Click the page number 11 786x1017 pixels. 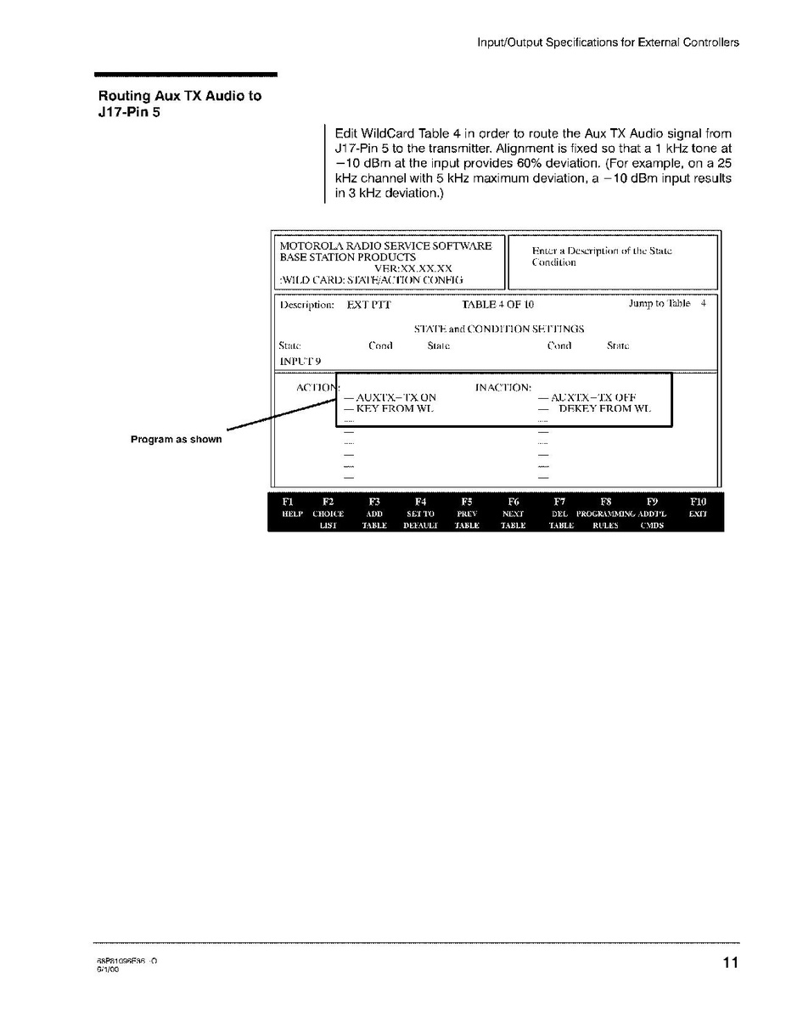(730, 962)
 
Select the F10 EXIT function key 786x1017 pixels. (698, 513)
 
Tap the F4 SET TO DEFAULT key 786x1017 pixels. (419, 513)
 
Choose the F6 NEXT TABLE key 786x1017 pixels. (513, 513)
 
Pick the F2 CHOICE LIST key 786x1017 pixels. (328, 513)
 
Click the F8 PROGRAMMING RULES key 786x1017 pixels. (605, 513)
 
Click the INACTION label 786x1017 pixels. (502, 387)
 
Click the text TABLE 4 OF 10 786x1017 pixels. (497, 304)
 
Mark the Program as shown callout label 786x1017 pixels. (176, 439)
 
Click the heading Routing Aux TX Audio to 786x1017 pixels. (180, 96)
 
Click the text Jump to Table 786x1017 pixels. (660, 303)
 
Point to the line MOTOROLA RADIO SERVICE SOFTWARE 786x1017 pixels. (385, 245)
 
